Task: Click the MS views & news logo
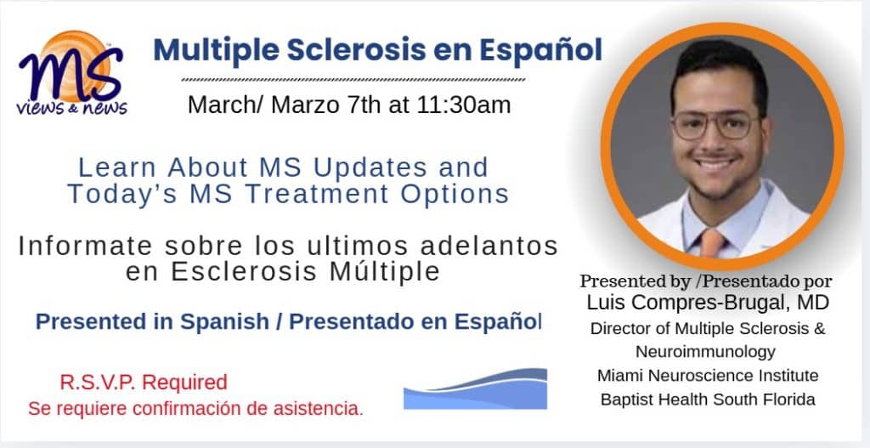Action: [x=72, y=73]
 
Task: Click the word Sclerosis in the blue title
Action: [x=353, y=50]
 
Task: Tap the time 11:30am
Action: [x=463, y=105]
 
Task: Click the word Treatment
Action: [x=317, y=195]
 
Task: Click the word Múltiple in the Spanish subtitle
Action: [x=385, y=271]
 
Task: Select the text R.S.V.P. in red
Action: [x=99, y=383]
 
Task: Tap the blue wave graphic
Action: [x=475, y=388]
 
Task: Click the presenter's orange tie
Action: [x=711, y=242]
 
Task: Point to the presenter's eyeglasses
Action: [x=715, y=124]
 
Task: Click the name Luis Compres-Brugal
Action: [x=688, y=303]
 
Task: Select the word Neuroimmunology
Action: [x=705, y=352]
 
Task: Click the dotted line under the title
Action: [x=353, y=80]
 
